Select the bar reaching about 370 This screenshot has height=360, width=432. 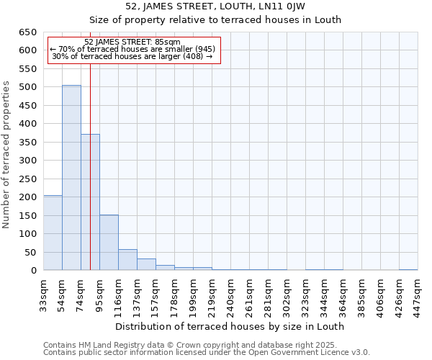90,202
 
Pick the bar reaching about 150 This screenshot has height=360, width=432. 109,242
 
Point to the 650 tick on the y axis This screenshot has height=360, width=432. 27,32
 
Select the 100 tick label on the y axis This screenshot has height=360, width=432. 27,234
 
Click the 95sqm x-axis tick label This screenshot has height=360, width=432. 100,294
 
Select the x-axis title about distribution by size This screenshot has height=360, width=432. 230,326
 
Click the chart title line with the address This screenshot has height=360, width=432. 215,6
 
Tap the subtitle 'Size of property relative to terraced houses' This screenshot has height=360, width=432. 215,19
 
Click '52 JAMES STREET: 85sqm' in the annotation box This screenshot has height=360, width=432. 132,42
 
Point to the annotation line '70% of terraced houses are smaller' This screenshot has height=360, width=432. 132,49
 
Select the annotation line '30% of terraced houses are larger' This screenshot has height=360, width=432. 132,56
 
